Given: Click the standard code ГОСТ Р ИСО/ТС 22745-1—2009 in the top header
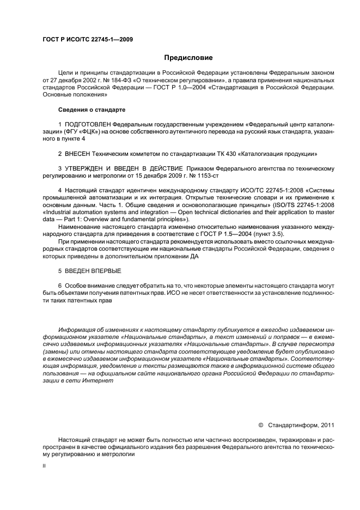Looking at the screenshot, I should (x=88, y=39).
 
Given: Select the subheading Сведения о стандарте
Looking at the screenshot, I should (x=91, y=110).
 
